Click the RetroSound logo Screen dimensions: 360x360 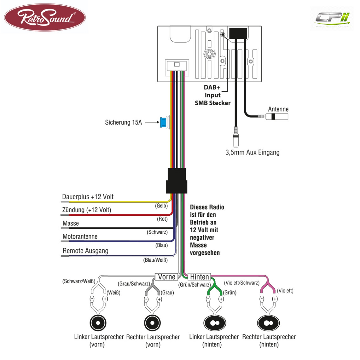click(45, 17)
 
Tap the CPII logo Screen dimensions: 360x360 click(332, 19)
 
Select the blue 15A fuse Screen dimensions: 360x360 click(163, 122)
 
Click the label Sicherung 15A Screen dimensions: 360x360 click(123, 122)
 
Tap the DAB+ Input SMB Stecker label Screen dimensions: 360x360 click(212, 95)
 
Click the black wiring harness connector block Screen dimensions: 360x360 click(177, 181)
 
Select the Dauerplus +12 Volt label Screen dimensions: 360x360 click(88, 197)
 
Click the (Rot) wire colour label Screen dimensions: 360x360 click(162, 219)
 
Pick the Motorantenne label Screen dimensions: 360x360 click(80, 237)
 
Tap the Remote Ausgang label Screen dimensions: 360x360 click(85, 251)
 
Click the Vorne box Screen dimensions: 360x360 click(167, 277)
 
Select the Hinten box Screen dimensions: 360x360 click(199, 277)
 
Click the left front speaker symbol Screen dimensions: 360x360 click(98, 323)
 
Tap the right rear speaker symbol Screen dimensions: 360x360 click(268, 323)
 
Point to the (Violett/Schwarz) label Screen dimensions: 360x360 click(242, 283)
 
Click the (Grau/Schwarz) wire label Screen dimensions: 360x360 click(134, 284)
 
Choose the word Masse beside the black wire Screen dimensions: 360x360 click(71, 223)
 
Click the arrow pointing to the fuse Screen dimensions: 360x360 click(152, 122)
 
